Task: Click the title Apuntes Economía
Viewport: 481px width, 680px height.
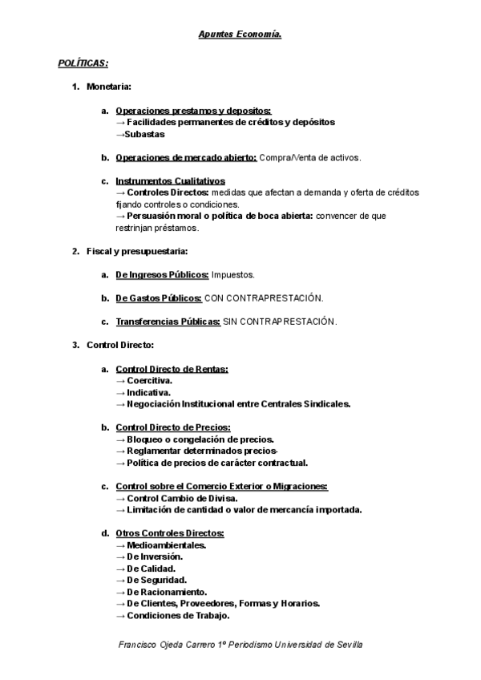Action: (240, 35)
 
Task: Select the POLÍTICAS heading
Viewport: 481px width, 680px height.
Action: (83, 63)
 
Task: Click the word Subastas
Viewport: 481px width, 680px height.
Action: (145, 134)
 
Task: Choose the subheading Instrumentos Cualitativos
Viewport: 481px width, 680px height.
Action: (170, 181)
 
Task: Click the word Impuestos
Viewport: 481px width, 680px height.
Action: (233, 275)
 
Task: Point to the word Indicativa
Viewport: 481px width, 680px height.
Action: (148, 392)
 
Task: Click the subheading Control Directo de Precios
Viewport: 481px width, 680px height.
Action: (173, 427)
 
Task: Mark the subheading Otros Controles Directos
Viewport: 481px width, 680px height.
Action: (169, 533)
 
